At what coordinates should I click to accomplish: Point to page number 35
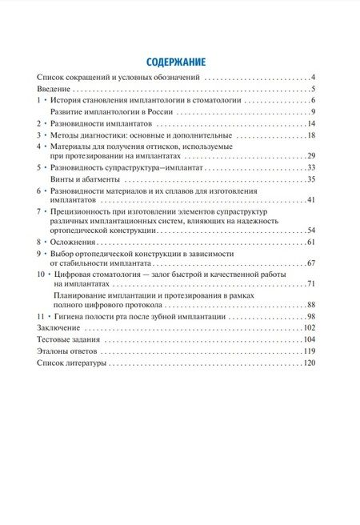[x=313, y=179]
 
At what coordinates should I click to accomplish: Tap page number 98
[x=313, y=318]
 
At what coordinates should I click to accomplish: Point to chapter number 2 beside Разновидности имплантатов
[x=39, y=124]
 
